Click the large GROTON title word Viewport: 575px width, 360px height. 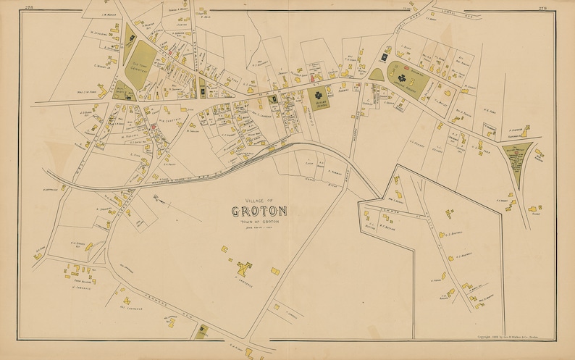click(x=259, y=212)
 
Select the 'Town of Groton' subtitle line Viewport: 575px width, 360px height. click(x=259, y=220)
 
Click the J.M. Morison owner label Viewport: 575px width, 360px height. click(x=109, y=12)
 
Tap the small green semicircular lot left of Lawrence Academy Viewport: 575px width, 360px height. click(x=376, y=73)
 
